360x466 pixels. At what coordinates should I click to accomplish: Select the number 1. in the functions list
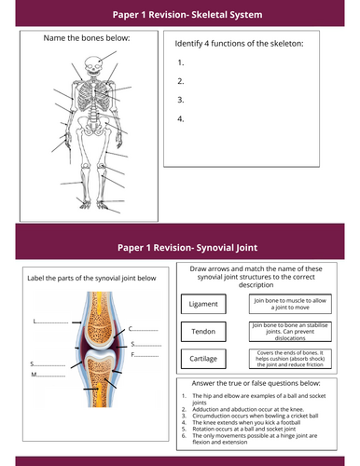click(x=179, y=62)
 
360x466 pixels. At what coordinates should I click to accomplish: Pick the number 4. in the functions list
click(x=180, y=118)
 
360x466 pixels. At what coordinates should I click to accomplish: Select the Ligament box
click(x=202, y=305)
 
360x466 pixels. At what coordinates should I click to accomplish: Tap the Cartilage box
click(x=202, y=361)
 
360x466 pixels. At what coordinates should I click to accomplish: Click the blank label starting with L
click(x=50, y=321)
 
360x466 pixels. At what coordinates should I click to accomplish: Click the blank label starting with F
click(x=146, y=354)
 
